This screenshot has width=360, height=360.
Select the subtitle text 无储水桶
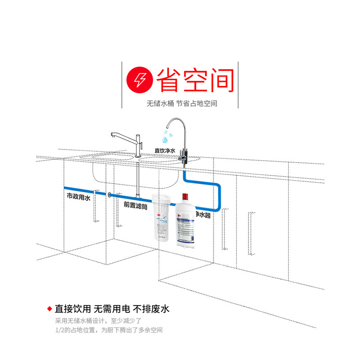pos(160,103)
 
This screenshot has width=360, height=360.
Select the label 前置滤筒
pos(136,204)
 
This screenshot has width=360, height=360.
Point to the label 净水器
pos(202,216)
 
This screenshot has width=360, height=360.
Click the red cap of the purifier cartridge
pos(184,198)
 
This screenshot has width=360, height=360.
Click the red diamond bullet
pos(49,309)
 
